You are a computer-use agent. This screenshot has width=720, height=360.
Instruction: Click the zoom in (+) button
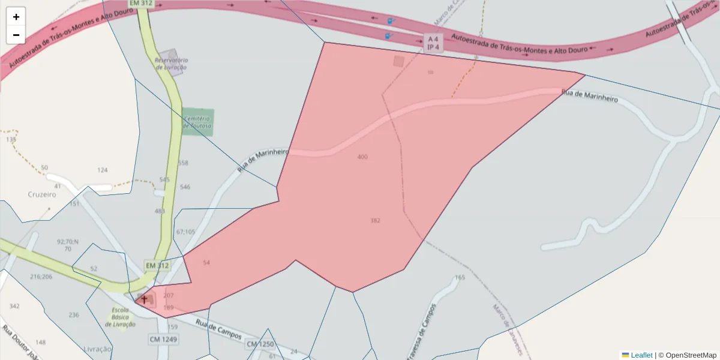coord(16,17)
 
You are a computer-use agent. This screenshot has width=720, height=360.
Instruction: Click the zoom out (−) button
coord(16,35)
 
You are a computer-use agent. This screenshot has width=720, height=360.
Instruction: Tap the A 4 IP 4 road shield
coord(433,43)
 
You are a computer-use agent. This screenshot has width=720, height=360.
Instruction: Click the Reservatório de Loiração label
coord(171,64)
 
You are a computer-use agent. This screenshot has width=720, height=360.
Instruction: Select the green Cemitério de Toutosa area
coord(197,122)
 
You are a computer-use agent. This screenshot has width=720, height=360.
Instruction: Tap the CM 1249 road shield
coord(163,340)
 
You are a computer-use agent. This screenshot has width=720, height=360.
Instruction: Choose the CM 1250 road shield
coord(260,344)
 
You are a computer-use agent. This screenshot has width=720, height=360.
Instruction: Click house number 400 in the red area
coord(362,157)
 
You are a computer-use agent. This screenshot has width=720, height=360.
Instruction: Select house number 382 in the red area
coord(375,221)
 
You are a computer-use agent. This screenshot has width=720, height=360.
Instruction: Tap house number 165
coord(460,277)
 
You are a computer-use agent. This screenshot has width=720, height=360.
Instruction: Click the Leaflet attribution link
coord(640,355)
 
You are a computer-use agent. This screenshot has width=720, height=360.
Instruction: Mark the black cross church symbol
coord(144,299)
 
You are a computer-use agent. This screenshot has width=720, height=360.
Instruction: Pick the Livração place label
coord(97,349)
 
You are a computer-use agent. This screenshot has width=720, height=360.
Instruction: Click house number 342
coord(14,307)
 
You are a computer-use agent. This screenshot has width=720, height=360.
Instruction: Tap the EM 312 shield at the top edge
coord(142,4)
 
